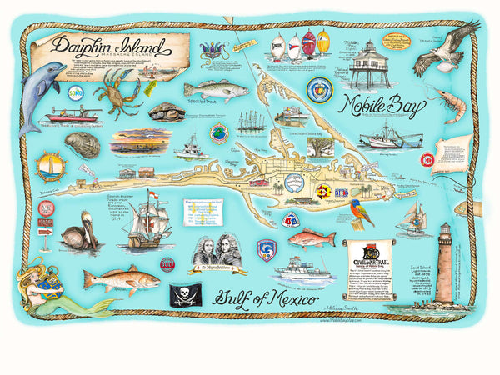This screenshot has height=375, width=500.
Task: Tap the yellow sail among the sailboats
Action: pos(322,42)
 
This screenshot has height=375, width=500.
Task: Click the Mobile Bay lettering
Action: pos(383,107)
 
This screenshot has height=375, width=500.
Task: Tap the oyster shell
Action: pos(82,143)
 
